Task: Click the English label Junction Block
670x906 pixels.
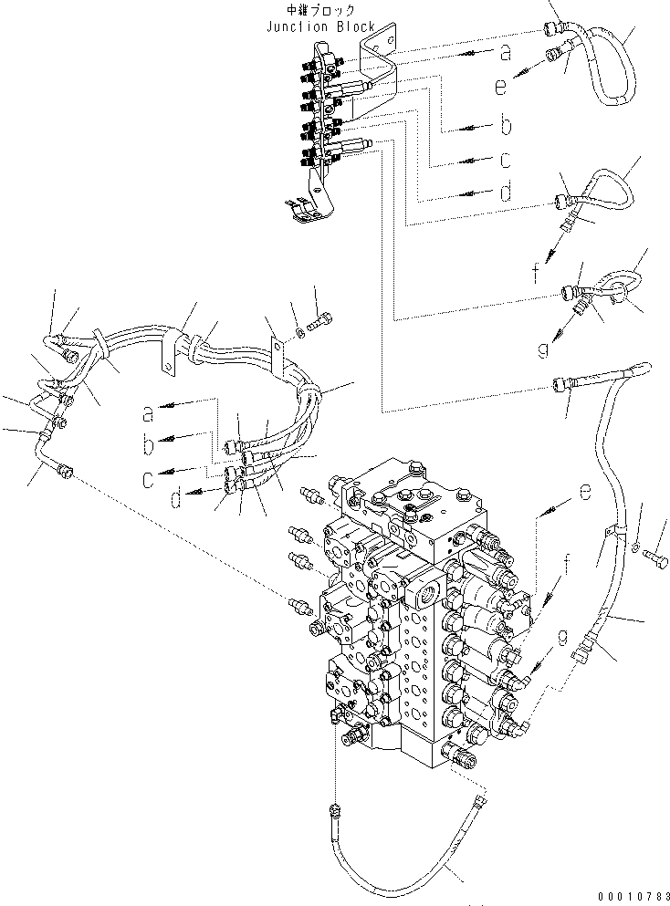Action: click(x=320, y=26)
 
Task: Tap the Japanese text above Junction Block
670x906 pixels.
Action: click(x=320, y=10)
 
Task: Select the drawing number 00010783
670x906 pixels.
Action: click(x=634, y=896)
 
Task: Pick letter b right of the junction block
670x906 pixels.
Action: click(x=507, y=125)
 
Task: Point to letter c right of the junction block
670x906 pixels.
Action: click(x=506, y=160)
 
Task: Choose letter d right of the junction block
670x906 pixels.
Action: click(x=506, y=192)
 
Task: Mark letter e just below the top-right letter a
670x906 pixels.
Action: click(x=500, y=87)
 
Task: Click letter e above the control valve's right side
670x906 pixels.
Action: click(x=585, y=492)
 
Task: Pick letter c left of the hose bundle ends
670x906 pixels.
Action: click(x=149, y=480)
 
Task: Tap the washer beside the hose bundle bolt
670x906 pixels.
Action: click(x=298, y=333)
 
